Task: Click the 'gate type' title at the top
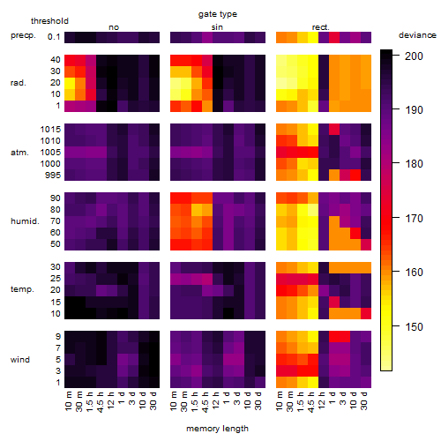218,14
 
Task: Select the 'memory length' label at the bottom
217,429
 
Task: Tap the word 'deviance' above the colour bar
417,35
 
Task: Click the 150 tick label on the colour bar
414,326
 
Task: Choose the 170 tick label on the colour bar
414,219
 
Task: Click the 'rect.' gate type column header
320,27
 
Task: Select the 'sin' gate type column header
217,27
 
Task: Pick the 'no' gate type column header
114,27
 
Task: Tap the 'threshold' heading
49,21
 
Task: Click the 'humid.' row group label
25,221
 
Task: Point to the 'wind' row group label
20,360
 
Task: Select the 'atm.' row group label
19,153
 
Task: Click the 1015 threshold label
50,130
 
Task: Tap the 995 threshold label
53,176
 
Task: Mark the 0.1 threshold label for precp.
54,37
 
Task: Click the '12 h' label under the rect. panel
322,400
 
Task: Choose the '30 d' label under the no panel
153,400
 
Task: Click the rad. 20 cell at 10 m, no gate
70,83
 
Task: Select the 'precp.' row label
23,35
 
